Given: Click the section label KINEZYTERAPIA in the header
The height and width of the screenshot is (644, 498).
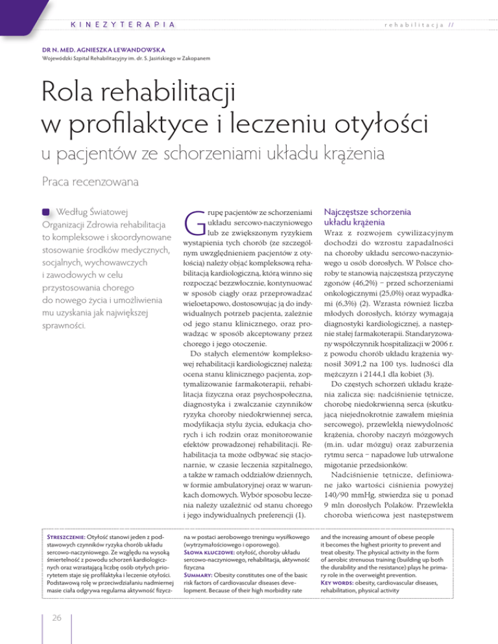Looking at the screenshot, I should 122,24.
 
